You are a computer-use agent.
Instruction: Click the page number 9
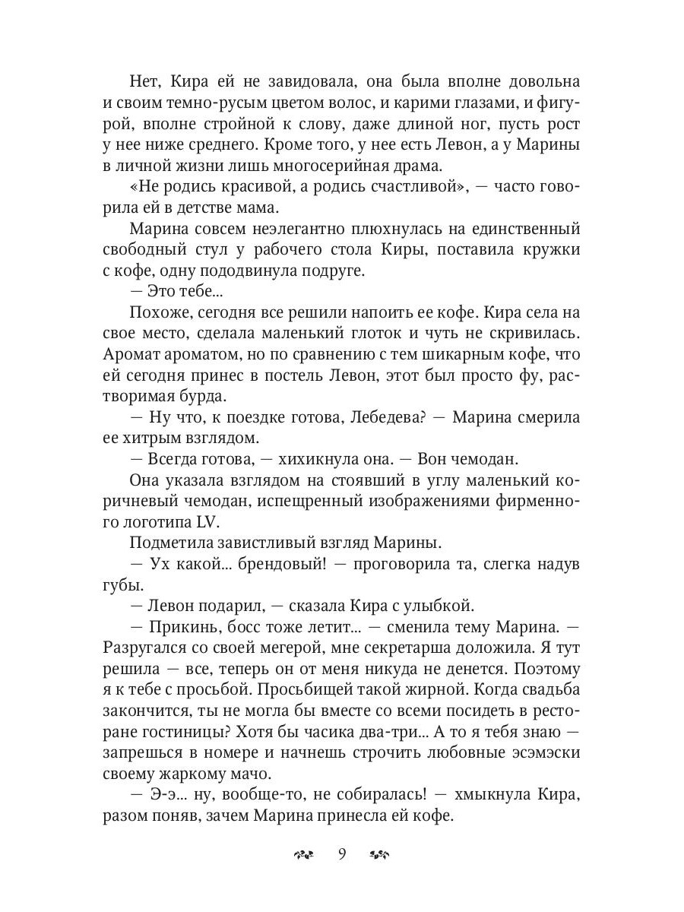click(x=341, y=853)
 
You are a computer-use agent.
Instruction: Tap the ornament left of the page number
click(x=302, y=854)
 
